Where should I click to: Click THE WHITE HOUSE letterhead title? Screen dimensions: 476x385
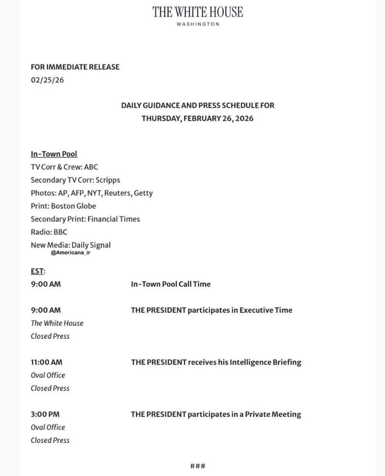(197, 12)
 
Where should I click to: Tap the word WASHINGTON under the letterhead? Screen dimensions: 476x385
(198, 24)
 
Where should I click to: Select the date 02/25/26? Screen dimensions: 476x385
(47, 79)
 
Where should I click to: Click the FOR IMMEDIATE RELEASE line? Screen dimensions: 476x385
(75, 67)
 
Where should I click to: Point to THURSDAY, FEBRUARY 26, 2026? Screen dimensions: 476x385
(197, 118)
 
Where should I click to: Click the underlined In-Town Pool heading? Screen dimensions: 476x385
(54, 154)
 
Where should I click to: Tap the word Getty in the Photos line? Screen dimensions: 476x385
(143, 193)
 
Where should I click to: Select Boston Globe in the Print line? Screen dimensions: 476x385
(73, 206)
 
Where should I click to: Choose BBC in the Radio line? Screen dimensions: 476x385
(61, 232)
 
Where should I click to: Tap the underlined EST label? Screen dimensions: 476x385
(37, 271)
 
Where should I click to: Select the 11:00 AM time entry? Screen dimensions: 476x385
(47, 362)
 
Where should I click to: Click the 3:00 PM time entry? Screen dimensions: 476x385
(45, 414)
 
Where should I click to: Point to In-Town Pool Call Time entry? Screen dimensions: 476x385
(170, 284)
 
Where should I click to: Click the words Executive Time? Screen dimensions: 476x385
(265, 310)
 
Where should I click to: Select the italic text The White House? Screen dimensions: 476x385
(57, 323)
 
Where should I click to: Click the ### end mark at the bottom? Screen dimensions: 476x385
(197, 466)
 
